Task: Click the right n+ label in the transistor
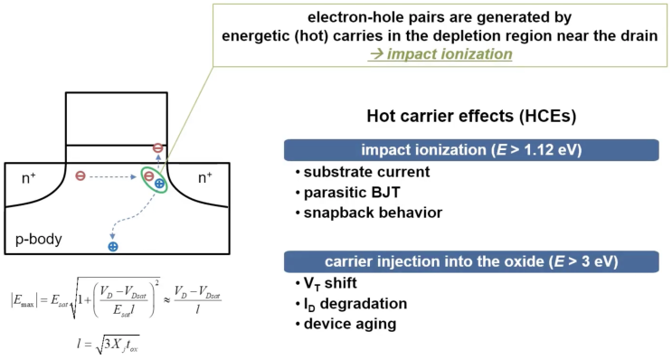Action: point(205,178)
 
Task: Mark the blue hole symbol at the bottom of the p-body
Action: point(113,245)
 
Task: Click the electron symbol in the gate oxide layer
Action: point(157,148)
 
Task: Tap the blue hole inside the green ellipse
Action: point(159,184)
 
